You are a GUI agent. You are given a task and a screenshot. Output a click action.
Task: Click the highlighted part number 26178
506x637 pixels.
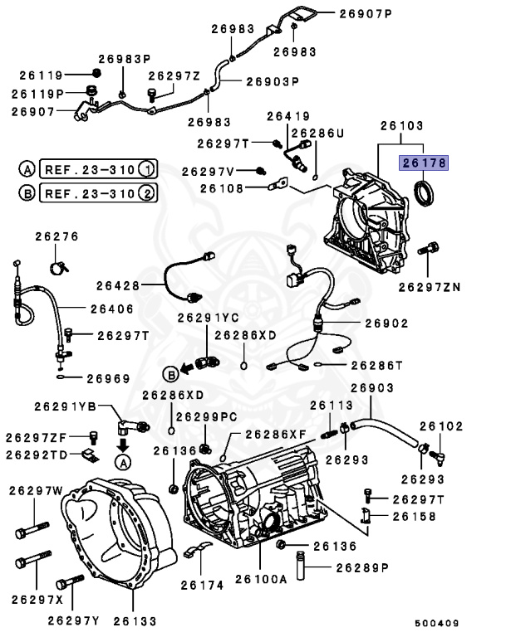(x=424, y=163)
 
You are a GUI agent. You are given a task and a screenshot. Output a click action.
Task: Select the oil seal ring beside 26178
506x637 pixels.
(x=426, y=192)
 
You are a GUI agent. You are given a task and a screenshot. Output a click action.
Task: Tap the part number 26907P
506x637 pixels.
(x=365, y=13)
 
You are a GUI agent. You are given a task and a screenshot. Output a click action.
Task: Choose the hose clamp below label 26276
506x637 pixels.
(x=58, y=267)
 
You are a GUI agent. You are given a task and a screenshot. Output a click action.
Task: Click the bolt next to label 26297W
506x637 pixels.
(x=30, y=528)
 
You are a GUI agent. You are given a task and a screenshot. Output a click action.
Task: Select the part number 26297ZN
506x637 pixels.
(x=429, y=287)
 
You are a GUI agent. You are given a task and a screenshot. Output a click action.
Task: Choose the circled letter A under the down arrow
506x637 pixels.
(x=122, y=461)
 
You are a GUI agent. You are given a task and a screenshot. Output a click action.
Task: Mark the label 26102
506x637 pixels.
(x=440, y=425)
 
